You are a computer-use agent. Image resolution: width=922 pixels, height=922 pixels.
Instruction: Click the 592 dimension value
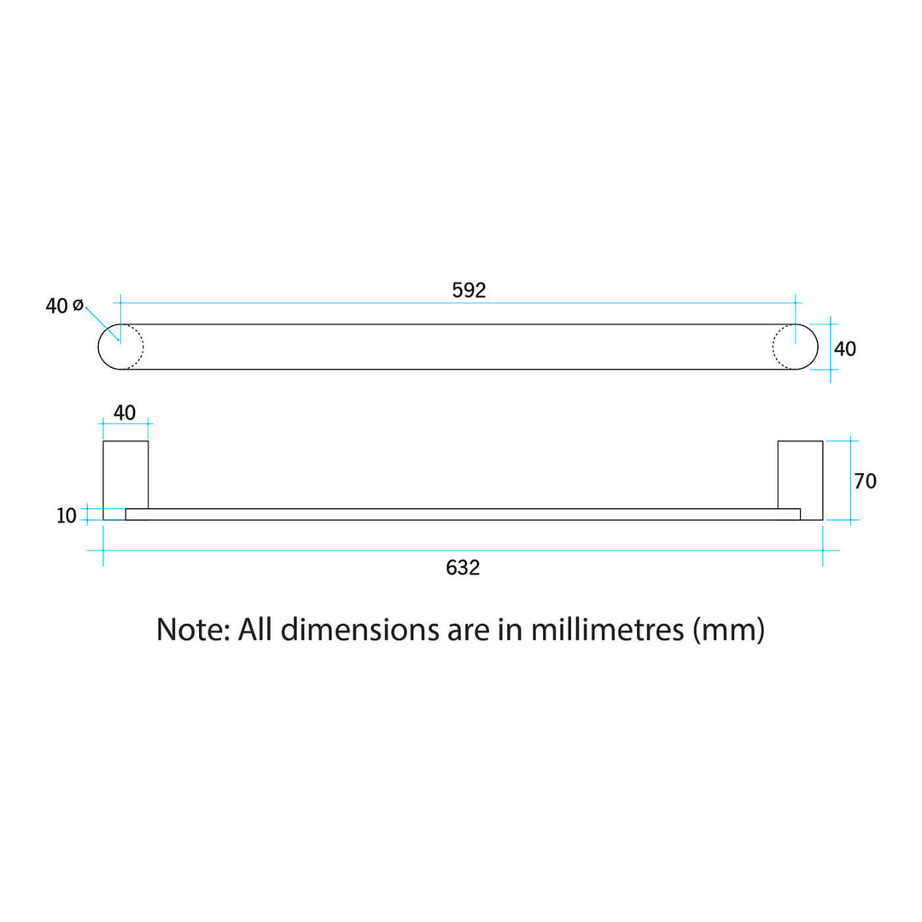pyautogui.click(x=469, y=290)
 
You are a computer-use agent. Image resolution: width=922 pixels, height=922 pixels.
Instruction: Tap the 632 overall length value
pyautogui.click(x=463, y=568)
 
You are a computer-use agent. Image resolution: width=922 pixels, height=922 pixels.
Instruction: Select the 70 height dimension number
pyautogui.click(x=865, y=481)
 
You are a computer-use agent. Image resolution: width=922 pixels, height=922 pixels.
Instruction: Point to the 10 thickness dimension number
pyautogui.click(x=67, y=516)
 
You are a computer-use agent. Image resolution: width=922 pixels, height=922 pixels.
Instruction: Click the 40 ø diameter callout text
pyautogui.click(x=65, y=306)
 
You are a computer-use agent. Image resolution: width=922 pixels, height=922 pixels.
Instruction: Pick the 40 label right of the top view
pyautogui.click(x=845, y=348)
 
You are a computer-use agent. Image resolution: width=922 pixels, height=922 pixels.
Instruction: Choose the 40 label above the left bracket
pyautogui.click(x=125, y=413)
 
